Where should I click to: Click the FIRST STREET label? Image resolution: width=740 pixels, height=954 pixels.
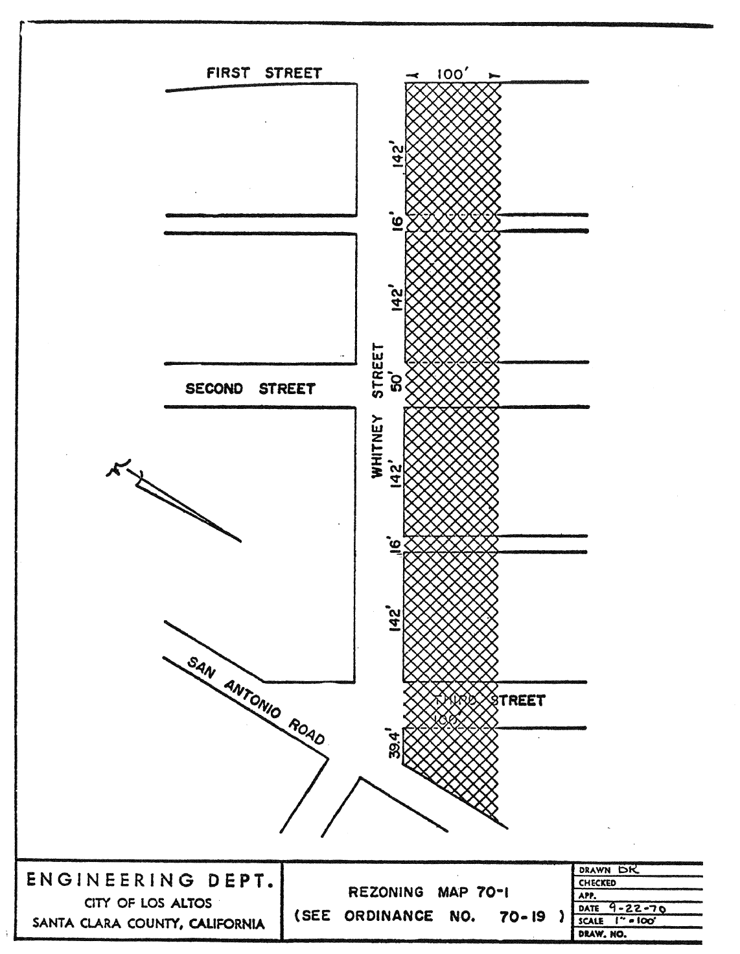(264, 73)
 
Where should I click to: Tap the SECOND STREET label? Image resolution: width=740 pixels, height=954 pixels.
(250, 389)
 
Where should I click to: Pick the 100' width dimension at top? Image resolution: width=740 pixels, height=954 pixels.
(449, 75)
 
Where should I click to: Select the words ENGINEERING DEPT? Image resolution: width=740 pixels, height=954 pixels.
(148, 880)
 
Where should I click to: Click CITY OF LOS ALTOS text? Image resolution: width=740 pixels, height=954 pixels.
(148, 903)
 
